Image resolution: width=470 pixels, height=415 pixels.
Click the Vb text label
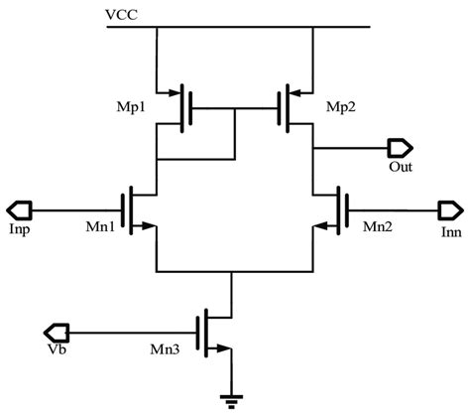tap(58, 349)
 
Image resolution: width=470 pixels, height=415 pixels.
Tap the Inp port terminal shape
tap(21, 209)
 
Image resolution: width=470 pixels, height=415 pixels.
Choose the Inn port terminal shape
tap(448, 209)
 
